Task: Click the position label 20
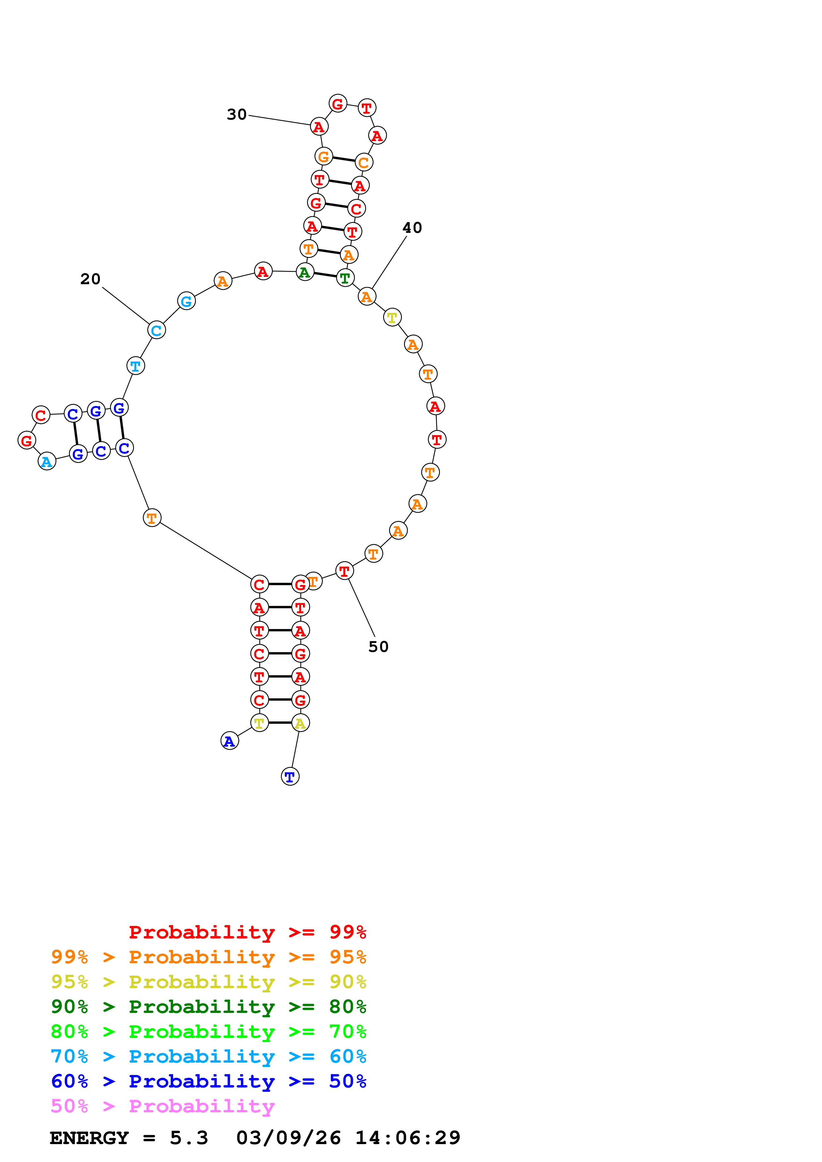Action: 90,279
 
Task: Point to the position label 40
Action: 412,228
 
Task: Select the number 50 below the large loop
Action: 378,647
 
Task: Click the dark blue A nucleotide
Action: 229,741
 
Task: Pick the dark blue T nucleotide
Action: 290,776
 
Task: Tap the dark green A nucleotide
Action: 304,272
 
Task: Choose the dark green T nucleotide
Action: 345,278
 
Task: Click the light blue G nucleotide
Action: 186,301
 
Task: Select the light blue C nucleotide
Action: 157,330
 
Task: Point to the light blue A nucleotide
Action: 47,461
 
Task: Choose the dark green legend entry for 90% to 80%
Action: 208,1007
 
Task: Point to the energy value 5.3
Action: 189,1138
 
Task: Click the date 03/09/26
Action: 288,1138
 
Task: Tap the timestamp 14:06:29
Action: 408,1138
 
